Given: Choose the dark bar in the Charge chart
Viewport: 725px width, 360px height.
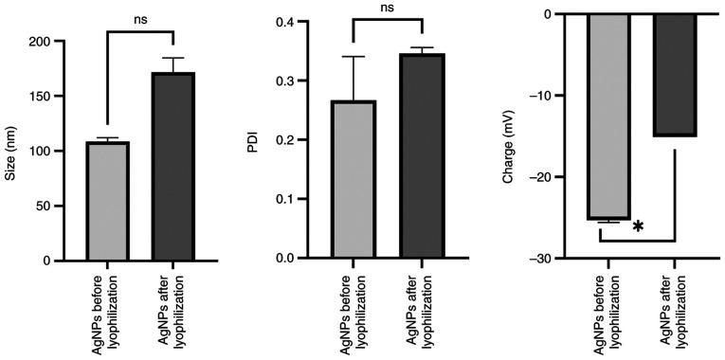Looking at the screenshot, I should [x=674, y=75].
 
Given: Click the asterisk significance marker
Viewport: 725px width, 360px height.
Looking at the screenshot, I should [x=639, y=226].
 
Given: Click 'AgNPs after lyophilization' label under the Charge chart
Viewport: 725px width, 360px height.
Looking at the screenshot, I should [x=674, y=312].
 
